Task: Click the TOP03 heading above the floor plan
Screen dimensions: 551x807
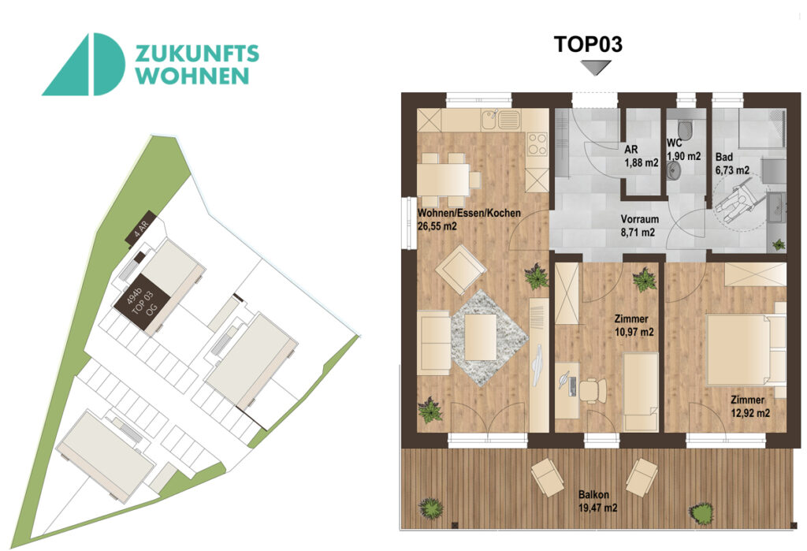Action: coord(589,44)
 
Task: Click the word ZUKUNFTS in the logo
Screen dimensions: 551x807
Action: coord(197,54)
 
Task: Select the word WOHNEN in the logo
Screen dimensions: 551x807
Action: coord(193,76)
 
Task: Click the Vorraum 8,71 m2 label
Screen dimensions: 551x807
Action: coord(638,226)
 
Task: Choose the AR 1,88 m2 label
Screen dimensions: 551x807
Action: coord(640,157)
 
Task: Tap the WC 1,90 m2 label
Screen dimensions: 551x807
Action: coord(682,150)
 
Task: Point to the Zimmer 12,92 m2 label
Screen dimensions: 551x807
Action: coord(748,407)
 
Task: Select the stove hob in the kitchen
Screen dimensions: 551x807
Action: coord(537,143)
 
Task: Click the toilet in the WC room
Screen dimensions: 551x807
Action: coord(684,128)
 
